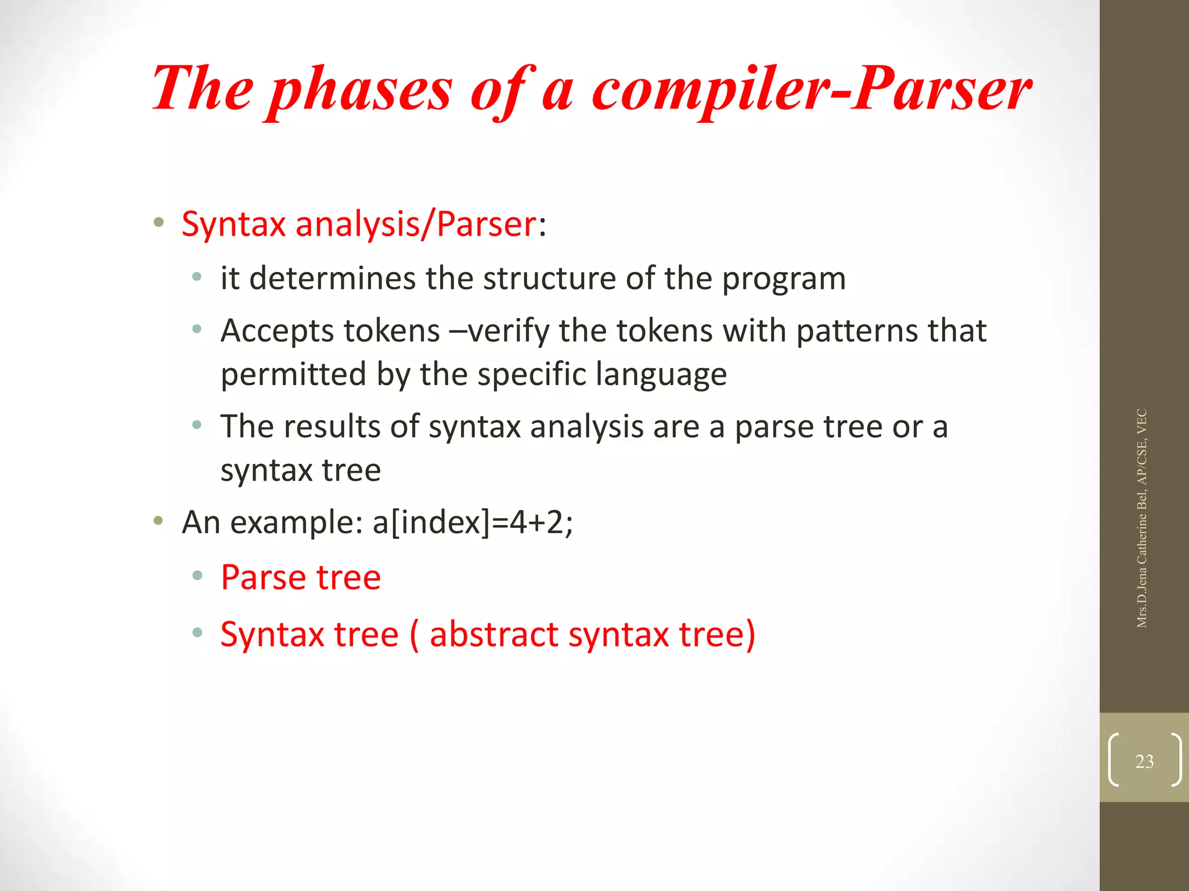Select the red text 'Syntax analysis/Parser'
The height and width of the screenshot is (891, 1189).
pos(359,224)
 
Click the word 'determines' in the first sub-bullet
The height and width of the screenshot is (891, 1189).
pos(332,278)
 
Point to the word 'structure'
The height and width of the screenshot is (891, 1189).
pos(549,278)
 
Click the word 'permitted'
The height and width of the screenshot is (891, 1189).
pos(294,374)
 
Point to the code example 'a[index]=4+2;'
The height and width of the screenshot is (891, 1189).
pos(473,522)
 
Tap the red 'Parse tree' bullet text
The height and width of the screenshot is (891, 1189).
pos(301,578)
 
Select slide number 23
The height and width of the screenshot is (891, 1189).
pos(1144,761)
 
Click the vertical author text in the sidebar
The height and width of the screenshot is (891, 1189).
pos(1141,518)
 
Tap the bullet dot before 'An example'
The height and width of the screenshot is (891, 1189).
pos(158,520)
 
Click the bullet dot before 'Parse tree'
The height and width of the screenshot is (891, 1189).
pos(197,575)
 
